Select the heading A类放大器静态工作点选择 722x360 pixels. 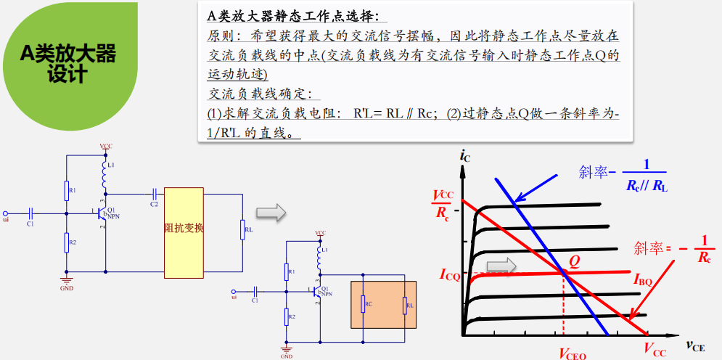tap(292, 16)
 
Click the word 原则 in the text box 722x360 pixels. tap(219, 36)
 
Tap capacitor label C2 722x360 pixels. tap(154, 205)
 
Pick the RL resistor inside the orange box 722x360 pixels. tap(405, 304)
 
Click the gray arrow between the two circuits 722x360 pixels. tap(270, 211)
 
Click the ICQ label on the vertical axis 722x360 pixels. tap(449, 274)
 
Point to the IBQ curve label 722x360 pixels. tap(642, 279)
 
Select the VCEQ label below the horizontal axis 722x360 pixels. tap(572, 353)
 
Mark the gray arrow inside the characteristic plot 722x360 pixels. tap(501, 266)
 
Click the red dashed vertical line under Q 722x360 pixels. tap(563, 305)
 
